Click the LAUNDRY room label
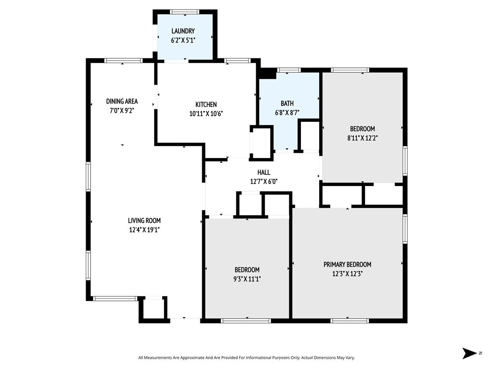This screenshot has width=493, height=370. point(183,31)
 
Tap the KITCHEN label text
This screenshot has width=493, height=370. point(206,105)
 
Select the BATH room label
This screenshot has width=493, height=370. point(287,103)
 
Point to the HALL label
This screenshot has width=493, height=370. point(263,172)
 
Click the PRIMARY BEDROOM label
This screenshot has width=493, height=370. point(348,264)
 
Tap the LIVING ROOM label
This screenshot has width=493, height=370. point(144,221)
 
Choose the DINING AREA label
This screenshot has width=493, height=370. point(122,101)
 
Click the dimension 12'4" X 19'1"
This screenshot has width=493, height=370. point(144,230)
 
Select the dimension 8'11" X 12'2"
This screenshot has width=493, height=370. point(362,138)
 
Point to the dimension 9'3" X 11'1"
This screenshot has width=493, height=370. point(247,279)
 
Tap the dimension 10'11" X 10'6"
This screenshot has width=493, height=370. point(206,114)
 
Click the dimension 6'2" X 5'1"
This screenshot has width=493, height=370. point(183,40)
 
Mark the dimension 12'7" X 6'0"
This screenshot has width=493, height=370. point(263,182)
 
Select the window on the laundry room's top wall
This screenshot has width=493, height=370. point(184,12)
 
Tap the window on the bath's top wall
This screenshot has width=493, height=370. point(288,70)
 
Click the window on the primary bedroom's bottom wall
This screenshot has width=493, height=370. point(349,320)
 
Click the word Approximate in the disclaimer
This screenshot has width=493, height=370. point(192,358)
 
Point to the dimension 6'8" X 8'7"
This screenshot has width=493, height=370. point(287,113)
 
